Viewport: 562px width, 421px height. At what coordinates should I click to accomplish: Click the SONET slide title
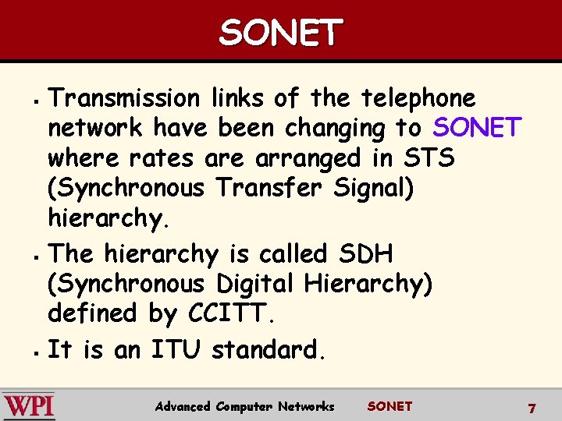280,33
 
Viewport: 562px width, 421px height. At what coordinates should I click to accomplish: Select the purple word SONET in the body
477,128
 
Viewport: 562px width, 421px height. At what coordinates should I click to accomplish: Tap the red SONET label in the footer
389,406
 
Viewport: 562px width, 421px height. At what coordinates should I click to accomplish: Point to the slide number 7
532,408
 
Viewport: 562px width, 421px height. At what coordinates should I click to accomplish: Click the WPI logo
29,406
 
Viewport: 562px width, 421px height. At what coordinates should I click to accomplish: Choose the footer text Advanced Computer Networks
244,406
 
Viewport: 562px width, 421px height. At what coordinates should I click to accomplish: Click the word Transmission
124,98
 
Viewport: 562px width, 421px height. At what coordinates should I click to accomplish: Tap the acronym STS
428,158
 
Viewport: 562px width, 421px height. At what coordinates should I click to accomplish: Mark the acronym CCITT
231,313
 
